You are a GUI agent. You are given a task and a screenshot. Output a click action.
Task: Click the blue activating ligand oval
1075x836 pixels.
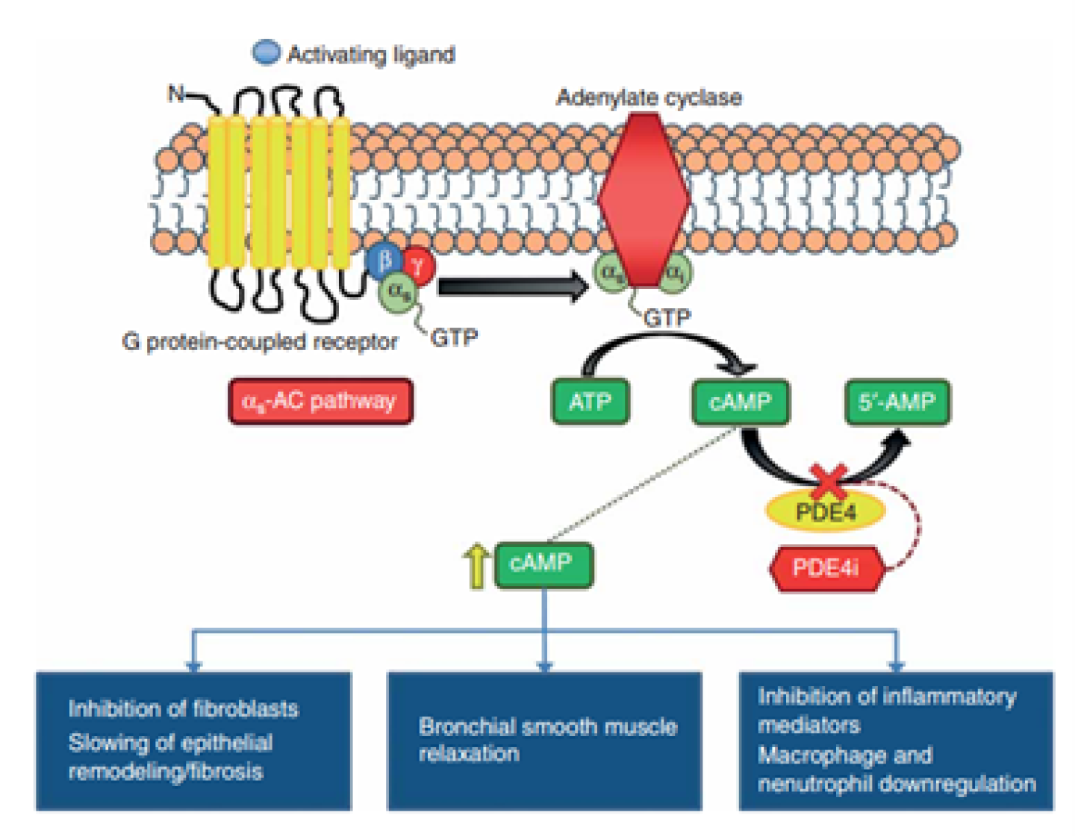266,52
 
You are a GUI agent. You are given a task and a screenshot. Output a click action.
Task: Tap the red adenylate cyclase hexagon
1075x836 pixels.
644,199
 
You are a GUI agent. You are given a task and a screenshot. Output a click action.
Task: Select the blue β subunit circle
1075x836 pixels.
384,261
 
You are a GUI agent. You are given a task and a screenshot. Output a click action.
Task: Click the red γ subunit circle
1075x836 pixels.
419,264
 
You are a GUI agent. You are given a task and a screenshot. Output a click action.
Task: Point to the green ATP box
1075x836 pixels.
590,402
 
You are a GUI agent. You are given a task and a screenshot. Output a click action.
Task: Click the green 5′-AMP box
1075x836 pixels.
897,402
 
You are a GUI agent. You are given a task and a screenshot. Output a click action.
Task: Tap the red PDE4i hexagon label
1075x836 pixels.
826,568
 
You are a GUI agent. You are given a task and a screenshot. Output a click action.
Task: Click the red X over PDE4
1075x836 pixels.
829,480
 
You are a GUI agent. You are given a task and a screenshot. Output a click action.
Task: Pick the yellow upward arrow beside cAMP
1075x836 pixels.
476,566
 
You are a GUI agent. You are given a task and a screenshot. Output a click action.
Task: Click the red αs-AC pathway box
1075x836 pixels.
320,402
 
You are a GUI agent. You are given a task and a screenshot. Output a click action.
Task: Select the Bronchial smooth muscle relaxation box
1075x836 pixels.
544,740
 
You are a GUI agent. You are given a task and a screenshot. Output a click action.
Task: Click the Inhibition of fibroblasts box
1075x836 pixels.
193,740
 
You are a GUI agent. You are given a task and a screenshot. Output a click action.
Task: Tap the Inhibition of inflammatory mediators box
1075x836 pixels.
896,740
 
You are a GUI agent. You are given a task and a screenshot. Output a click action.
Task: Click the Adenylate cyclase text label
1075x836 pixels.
649,97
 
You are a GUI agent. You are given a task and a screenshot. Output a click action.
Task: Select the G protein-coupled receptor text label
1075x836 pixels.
260,342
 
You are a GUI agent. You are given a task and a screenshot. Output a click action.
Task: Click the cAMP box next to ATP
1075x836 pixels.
740,402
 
